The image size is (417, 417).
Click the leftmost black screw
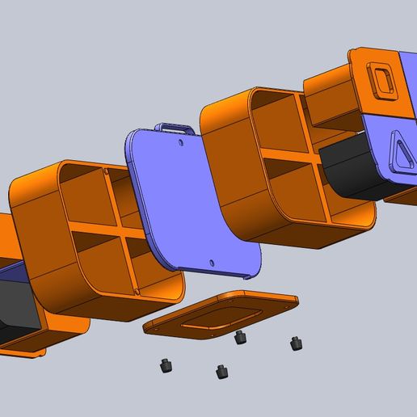coord(166,366)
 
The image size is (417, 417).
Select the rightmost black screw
coord(297,344)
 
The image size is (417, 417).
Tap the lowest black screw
coord(220,372)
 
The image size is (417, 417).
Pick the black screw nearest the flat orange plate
coord(239,338)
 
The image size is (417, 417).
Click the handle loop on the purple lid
coord(177,127)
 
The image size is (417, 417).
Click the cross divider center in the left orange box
coord(112,234)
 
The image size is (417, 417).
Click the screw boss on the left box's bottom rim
coord(138,290)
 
